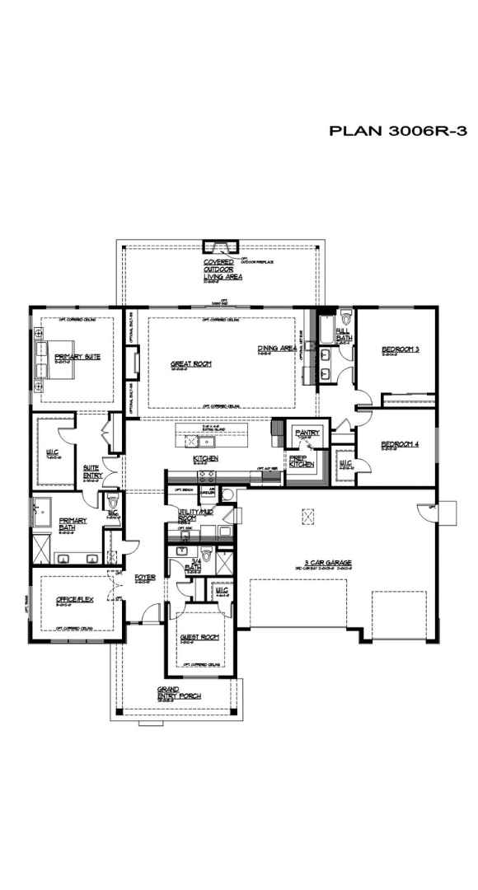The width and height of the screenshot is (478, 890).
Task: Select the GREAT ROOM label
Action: click(187, 363)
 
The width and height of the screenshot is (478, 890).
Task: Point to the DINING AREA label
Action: click(276, 349)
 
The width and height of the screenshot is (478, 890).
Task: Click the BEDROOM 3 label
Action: click(401, 349)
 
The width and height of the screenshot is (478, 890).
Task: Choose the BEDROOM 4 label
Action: click(401, 445)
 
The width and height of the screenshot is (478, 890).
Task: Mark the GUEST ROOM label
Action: click(199, 637)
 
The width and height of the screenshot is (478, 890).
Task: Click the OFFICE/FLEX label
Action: click(75, 601)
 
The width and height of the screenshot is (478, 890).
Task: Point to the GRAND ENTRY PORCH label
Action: click(179, 692)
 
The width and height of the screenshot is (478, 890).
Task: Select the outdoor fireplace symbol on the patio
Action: click(220, 246)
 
